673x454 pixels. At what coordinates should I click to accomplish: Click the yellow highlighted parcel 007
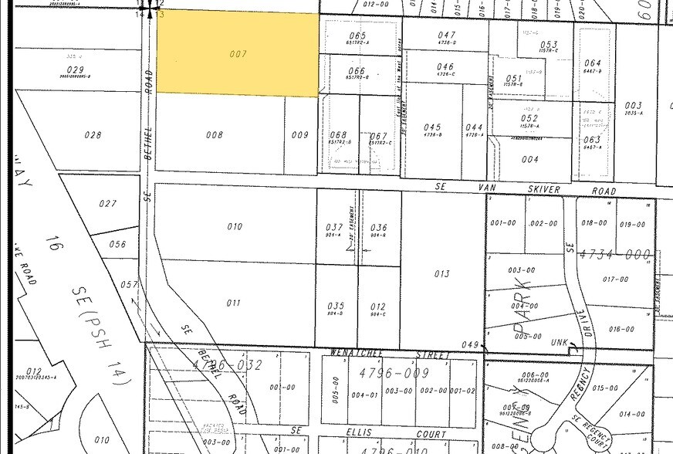238,54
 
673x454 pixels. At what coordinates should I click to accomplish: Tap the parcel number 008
214,135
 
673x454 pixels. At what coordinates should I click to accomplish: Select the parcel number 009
299,135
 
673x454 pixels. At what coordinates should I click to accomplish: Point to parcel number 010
234,226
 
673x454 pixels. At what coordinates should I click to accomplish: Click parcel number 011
234,303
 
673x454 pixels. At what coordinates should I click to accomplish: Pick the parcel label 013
441,274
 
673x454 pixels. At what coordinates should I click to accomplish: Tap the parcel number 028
93,135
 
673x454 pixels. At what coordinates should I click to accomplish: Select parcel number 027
108,204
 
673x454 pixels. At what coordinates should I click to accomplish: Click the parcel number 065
357,36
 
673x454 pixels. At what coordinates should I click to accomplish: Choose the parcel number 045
432,127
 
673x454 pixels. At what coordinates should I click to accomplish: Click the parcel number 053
548,45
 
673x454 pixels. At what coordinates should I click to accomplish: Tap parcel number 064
593,63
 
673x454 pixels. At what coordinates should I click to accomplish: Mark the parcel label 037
333,227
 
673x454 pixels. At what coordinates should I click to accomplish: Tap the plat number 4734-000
614,254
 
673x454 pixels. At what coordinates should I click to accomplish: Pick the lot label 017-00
615,280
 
